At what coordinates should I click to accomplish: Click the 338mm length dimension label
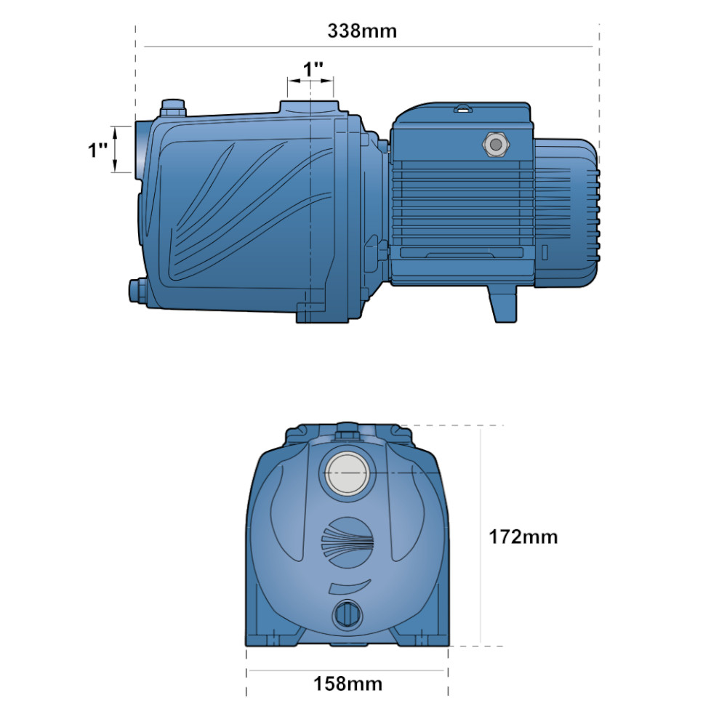pos(362,31)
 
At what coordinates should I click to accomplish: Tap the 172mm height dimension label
pos(523,537)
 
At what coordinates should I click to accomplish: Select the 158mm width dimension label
pos(348,684)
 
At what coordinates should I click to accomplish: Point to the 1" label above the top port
pos(313,70)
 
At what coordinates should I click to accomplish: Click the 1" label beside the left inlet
pos(98,150)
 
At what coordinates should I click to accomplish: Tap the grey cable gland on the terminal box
pos(496,145)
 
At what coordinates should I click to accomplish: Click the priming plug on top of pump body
pos(172,108)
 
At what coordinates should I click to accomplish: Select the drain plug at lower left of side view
pos(137,291)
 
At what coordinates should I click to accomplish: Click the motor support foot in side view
pos(502,303)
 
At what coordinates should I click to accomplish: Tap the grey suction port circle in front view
pos(348,473)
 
